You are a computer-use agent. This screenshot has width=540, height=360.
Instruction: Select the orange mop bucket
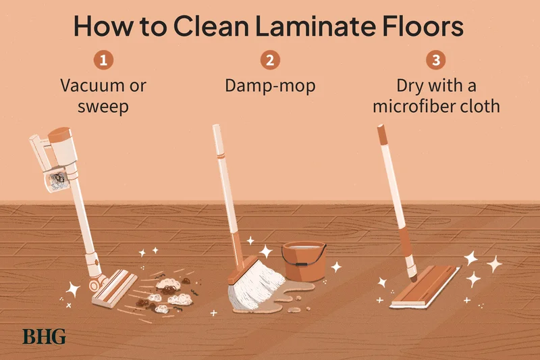[302, 260]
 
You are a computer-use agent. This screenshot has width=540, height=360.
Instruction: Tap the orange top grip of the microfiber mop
[383, 135]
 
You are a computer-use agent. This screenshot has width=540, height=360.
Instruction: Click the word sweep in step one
[103, 106]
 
